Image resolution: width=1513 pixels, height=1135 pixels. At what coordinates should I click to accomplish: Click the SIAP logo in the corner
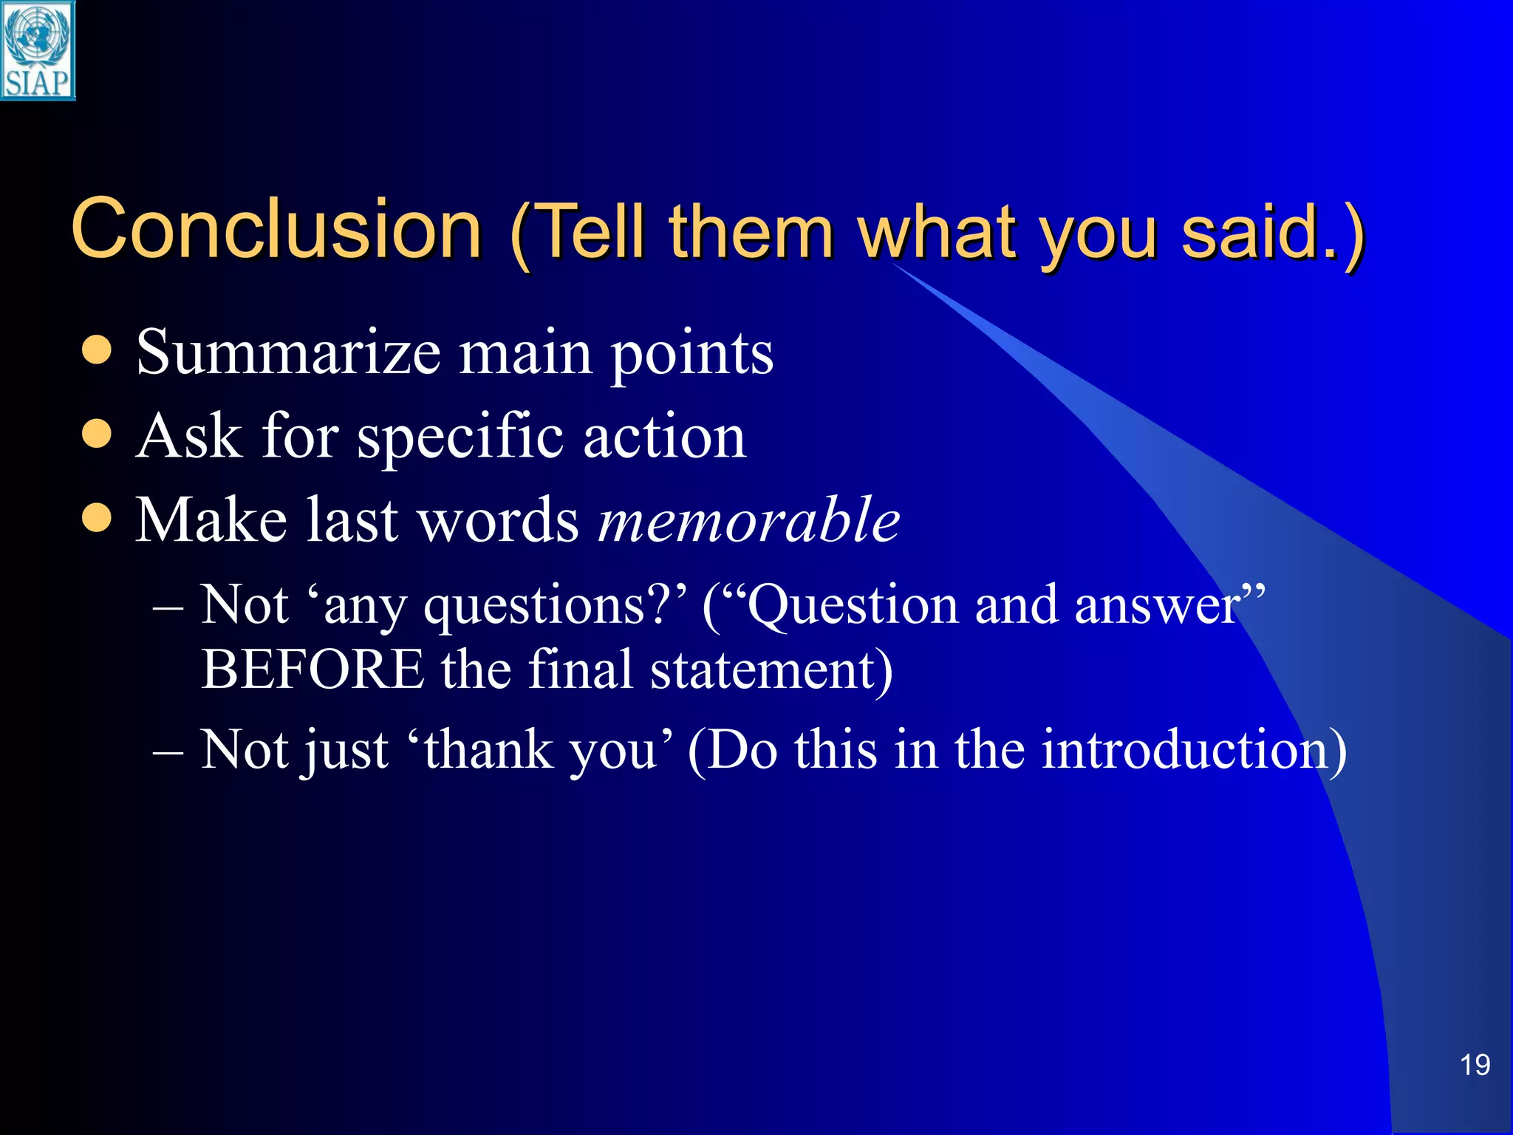tap(38, 50)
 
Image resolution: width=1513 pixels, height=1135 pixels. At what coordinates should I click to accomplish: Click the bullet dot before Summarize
tap(97, 350)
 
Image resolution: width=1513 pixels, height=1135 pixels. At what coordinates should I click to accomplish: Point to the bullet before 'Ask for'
tap(97, 434)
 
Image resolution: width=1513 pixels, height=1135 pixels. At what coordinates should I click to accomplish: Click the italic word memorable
tap(748, 520)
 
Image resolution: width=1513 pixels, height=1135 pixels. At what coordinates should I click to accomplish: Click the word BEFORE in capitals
tap(312, 669)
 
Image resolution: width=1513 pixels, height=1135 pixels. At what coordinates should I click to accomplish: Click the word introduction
tap(1194, 751)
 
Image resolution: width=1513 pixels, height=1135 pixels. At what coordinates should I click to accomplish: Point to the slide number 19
tap(1475, 1065)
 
